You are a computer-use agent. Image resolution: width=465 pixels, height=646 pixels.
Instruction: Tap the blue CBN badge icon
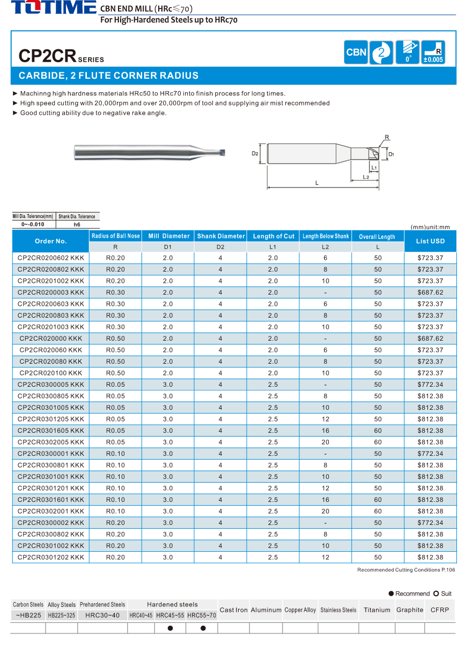click(356, 52)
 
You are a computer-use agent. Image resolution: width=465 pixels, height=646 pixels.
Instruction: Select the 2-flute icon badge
click(381, 52)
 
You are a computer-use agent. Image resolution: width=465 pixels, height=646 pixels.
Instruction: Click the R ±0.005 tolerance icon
click(433, 52)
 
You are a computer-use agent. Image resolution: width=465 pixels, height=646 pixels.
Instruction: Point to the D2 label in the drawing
click(255, 154)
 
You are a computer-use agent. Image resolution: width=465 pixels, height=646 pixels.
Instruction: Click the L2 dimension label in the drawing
click(365, 176)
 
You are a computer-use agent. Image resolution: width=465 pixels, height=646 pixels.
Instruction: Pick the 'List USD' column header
click(430, 241)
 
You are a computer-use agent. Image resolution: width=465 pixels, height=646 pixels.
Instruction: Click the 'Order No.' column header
click(51, 241)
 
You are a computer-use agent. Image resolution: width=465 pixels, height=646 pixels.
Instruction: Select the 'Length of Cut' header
click(274, 236)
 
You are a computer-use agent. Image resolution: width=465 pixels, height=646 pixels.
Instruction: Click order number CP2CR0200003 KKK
click(51, 292)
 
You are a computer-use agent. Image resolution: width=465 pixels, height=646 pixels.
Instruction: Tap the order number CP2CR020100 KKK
click(51, 373)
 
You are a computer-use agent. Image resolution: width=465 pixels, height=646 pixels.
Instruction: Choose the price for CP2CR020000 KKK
click(430, 339)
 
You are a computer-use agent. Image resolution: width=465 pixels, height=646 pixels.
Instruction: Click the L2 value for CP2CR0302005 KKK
click(326, 442)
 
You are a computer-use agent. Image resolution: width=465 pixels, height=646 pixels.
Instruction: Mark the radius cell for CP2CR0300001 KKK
click(115, 454)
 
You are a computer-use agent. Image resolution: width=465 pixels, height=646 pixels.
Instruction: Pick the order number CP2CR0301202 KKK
click(51, 558)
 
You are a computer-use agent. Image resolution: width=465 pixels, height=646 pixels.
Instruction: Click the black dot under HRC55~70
click(203, 628)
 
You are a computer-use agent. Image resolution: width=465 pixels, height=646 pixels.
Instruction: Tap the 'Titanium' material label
click(377, 610)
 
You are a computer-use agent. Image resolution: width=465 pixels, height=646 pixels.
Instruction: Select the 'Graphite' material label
click(410, 610)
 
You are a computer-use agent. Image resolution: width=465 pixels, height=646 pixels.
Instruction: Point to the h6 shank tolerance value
click(77, 224)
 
